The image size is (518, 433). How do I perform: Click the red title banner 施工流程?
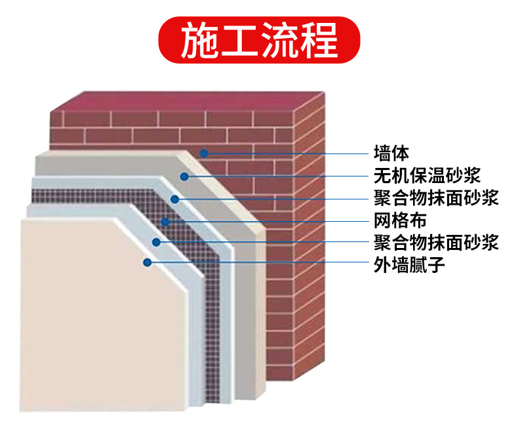(259, 39)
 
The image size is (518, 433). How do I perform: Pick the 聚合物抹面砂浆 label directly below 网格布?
(436, 242)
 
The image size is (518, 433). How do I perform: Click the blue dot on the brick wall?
(205, 154)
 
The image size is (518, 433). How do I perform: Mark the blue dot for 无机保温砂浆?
(185, 176)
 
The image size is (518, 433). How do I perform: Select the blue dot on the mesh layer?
(165, 221)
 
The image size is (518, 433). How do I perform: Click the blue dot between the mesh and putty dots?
(156, 242)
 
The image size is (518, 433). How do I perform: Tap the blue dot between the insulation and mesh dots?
(174, 198)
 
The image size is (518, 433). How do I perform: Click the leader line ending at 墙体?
(289, 154)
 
